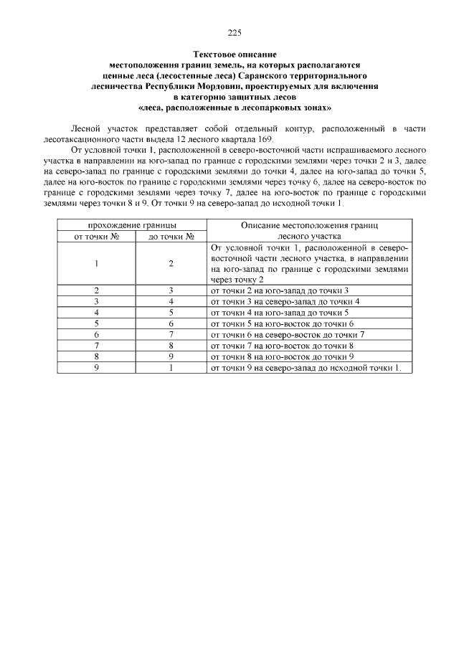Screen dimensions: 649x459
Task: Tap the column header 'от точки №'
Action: pyautogui.click(x=97, y=236)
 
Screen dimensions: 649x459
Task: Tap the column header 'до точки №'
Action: pyautogui.click(x=171, y=236)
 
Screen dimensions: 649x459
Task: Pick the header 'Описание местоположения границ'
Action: pyautogui.click(x=309, y=225)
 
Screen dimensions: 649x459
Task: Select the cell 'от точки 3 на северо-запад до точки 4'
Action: pyautogui.click(x=285, y=301)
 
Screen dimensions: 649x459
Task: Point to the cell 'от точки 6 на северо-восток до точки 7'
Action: pyautogui.click(x=288, y=334)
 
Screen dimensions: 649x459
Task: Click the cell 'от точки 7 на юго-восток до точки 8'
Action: pyautogui.click(x=280, y=346)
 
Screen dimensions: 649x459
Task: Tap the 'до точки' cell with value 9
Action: pyautogui.click(x=171, y=356)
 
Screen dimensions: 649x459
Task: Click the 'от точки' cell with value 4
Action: pyautogui.click(x=97, y=313)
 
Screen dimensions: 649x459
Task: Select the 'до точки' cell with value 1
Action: pyautogui.click(x=171, y=368)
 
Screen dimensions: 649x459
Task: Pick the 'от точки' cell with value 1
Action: pyautogui.click(x=97, y=263)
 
